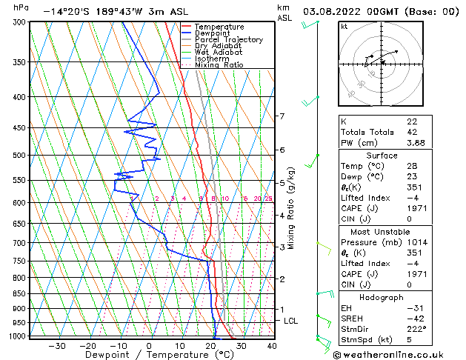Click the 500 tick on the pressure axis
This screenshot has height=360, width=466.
(15, 156)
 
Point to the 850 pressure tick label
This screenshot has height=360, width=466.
(15, 294)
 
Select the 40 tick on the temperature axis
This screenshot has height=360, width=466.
(272, 345)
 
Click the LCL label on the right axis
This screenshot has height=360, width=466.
(291, 321)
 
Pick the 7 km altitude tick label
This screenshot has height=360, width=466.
(282, 116)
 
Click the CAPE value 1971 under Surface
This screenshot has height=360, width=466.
(416, 208)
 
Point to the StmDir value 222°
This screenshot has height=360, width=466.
(416, 330)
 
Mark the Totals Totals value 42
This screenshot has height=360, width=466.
(412, 132)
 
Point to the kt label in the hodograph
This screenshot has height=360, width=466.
(344, 27)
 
